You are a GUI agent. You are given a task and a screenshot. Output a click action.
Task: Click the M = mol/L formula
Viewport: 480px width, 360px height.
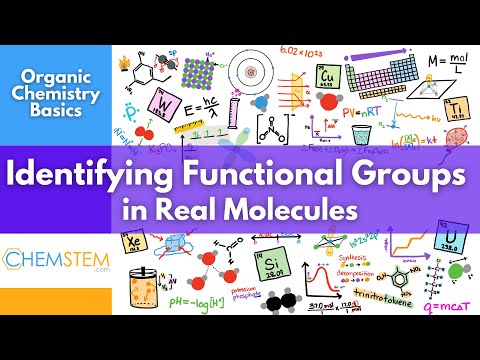444,66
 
